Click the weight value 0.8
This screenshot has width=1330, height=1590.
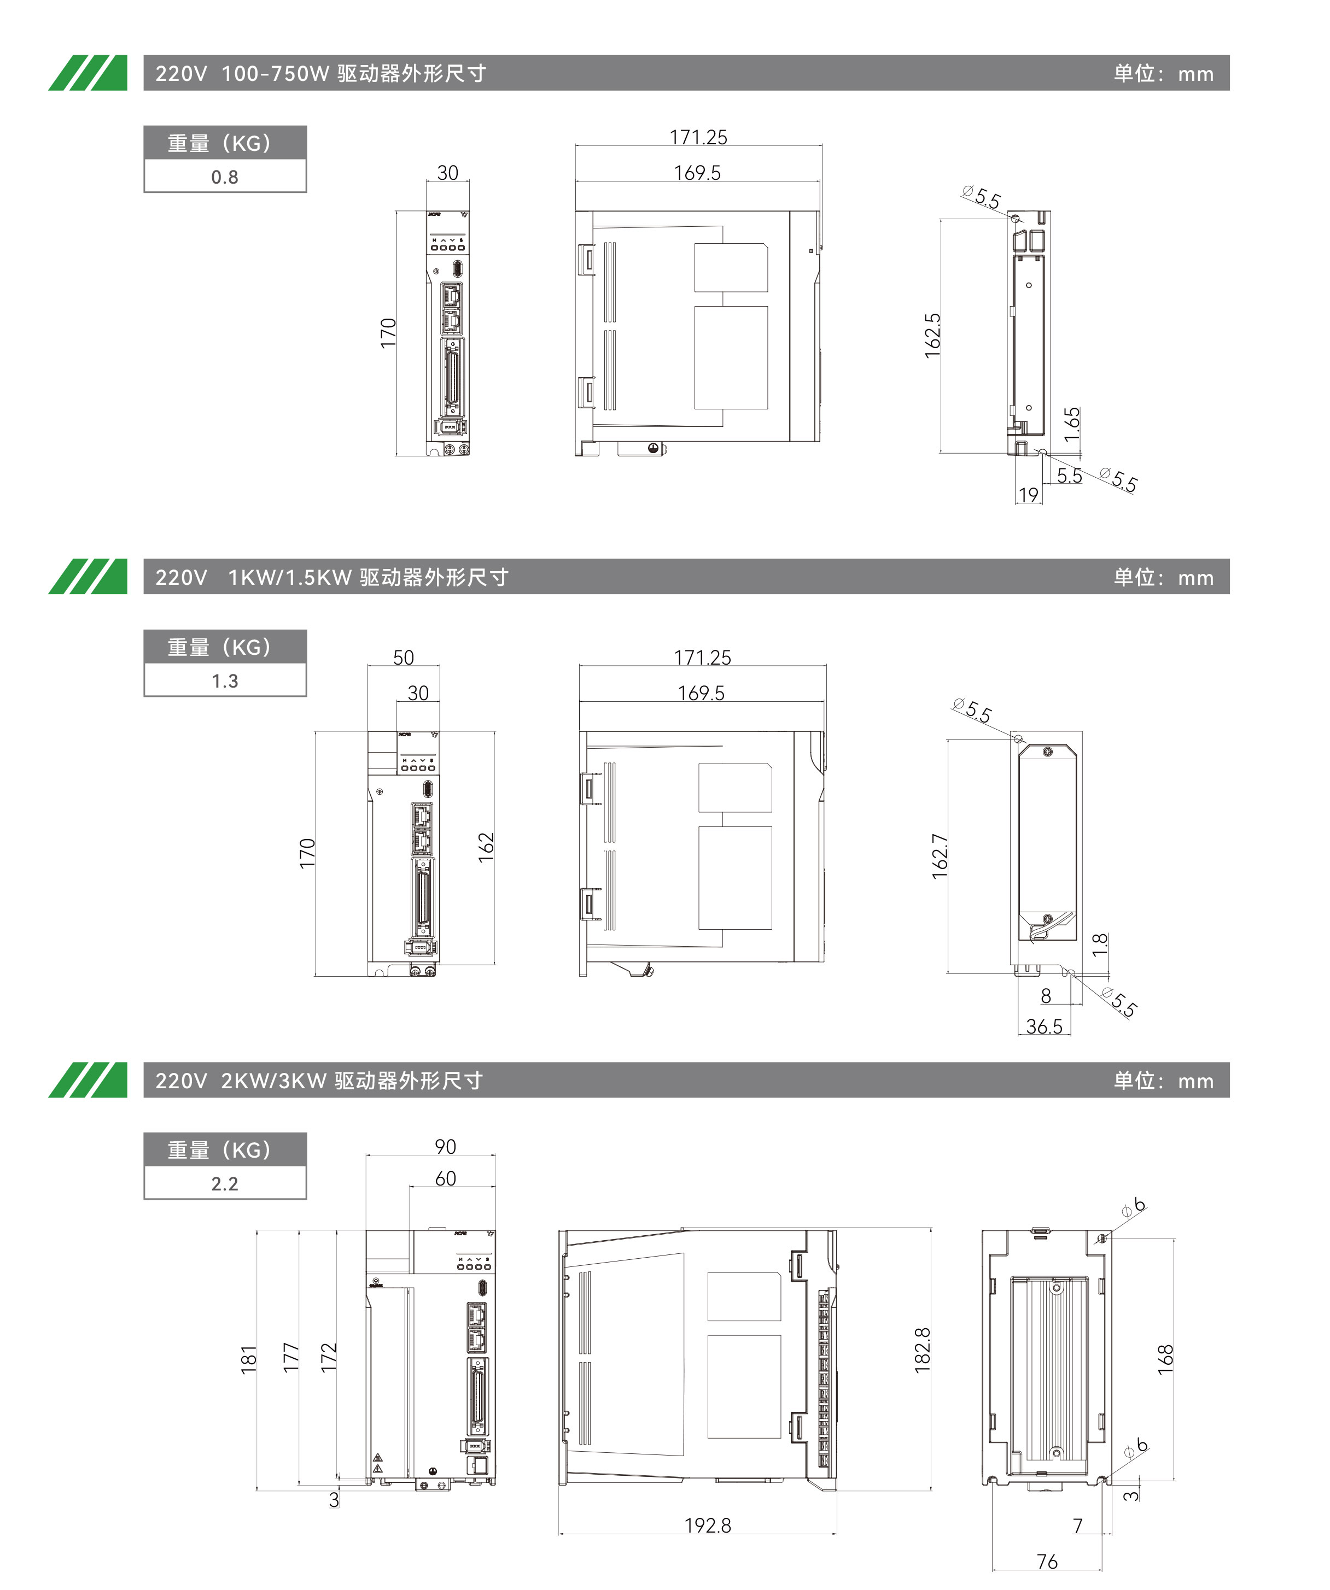(224, 177)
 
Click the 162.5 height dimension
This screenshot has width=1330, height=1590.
(932, 336)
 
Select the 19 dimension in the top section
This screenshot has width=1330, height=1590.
(1028, 495)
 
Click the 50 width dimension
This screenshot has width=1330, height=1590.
(403, 657)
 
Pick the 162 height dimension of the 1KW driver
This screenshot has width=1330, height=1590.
(486, 847)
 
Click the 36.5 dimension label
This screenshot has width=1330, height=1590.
(1043, 1026)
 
